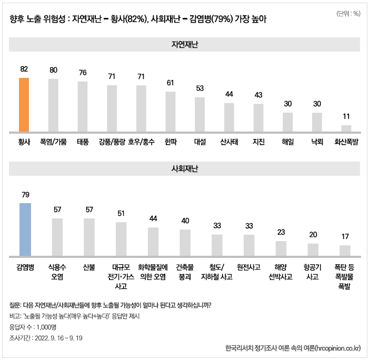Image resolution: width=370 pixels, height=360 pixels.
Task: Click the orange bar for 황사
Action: click(x=24, y=105)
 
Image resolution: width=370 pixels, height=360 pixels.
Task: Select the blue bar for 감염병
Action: click(x=25, y=227)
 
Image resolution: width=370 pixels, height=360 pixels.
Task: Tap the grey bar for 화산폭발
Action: click(x=346, y=128)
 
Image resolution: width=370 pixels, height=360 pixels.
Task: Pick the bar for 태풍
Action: click(x=82, y=106)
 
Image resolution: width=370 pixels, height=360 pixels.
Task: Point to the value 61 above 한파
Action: click(x=171, y=83)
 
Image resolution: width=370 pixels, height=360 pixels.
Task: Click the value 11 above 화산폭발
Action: click(x=346, y=116)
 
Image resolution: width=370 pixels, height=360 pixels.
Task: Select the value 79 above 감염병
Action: click(x=25, y=194)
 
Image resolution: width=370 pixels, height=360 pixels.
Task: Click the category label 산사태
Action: click(x=229, y=142)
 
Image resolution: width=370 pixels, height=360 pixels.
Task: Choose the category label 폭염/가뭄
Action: click(x=53, y=142)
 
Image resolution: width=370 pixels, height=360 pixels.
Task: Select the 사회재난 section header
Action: click(x=185, y=169)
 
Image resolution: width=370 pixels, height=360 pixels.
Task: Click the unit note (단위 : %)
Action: click(x=347, y=14)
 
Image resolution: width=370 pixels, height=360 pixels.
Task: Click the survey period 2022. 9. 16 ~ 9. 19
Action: click(x=66, y=337)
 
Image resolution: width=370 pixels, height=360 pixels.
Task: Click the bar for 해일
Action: click(x=287, y=122)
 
